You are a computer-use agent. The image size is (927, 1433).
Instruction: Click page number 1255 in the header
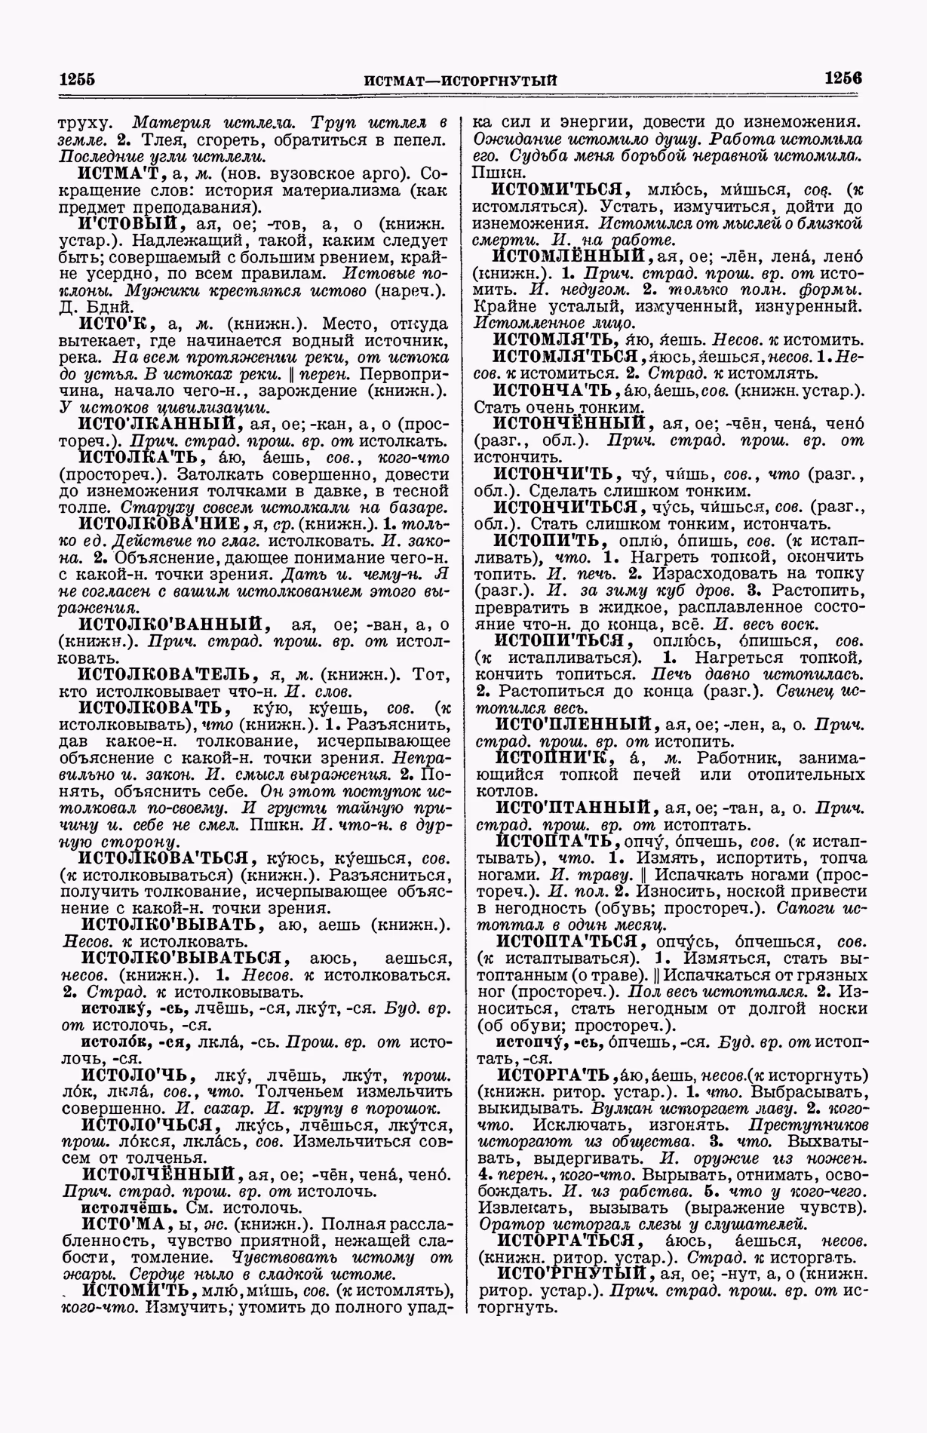(x=81, y=78)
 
